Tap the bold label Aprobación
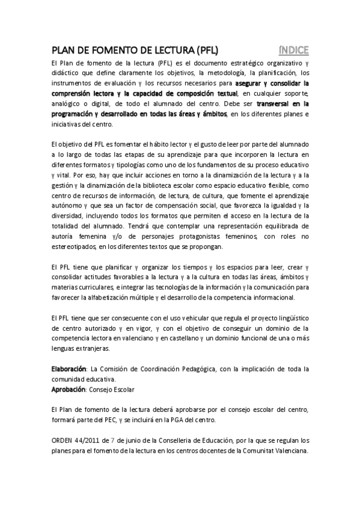click(x=69, y=390)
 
